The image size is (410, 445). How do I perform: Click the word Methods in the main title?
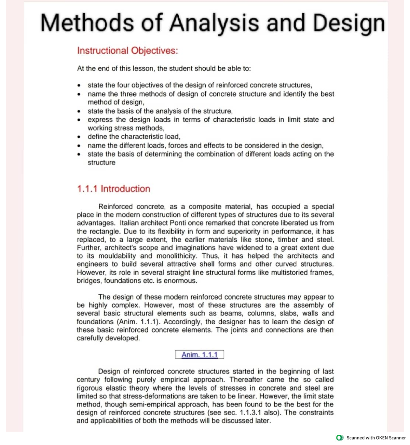click(x=87, y=23)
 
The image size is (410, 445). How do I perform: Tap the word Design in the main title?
click(x=349, y=23)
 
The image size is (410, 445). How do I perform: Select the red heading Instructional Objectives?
click(x=127, y=51)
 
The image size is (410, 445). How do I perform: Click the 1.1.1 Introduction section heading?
click(x=113, y=189)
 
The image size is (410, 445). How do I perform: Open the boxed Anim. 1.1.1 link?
click(x=200, y=355)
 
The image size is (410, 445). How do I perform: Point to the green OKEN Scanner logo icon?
click(x=340, y=437)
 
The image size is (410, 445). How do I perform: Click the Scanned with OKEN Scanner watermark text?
click(x=376, y=437)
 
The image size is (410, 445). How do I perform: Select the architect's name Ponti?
click(x=178, y=223)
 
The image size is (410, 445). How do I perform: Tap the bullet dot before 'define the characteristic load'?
click(x=79, y=137)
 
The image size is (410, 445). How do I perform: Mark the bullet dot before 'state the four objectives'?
click(x=79, y=85)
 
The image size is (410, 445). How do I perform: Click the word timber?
click(x=288, y=240)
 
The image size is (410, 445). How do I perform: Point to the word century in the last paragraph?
click(x=88, y=380)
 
